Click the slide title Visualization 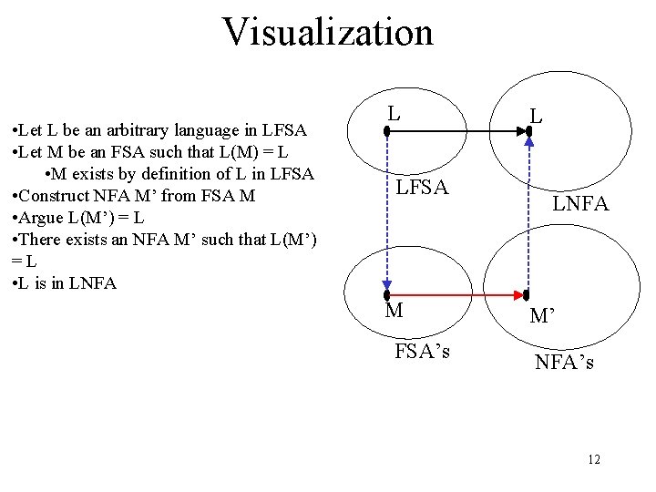328,32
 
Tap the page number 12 594,460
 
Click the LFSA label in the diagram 421,189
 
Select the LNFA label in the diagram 581,205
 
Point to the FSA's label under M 422,351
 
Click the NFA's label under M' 565,362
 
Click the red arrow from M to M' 456,294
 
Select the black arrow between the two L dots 456,131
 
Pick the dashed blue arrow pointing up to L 528,214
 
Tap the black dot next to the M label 386,294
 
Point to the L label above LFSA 393,114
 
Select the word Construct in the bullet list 54,196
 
